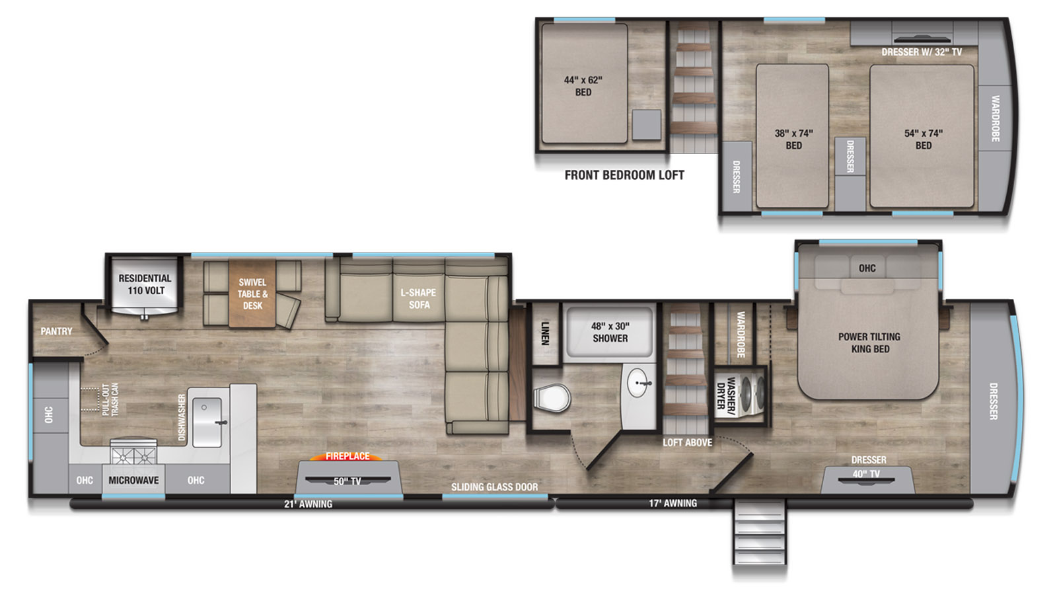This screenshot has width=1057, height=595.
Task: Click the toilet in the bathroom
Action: tap(552, 398)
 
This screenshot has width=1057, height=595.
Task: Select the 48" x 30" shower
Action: tap(610, 332)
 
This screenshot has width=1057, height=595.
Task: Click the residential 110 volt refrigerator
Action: tap(145, 285)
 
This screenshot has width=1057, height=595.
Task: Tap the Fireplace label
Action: tap(347, 456)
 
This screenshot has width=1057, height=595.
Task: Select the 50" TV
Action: tap(347, 480)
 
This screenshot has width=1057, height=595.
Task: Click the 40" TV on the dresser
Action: tap(866, 479)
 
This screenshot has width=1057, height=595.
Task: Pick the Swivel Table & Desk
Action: tap(252, 294)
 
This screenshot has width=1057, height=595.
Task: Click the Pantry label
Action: tap(56, 331)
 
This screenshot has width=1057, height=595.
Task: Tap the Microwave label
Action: tap(133, 480)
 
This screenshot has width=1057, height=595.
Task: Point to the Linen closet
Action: tap(546, 333)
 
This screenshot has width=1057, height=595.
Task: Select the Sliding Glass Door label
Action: tap(495, 487)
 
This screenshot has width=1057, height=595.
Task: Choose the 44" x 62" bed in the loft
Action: tap(584, 83)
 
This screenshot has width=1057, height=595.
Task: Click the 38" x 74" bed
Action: tap(792, 136)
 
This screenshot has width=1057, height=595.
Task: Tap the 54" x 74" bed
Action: tap(922, 136)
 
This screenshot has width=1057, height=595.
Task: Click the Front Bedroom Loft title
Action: tap(624, 175)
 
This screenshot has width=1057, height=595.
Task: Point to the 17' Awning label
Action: tap(673, 503)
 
